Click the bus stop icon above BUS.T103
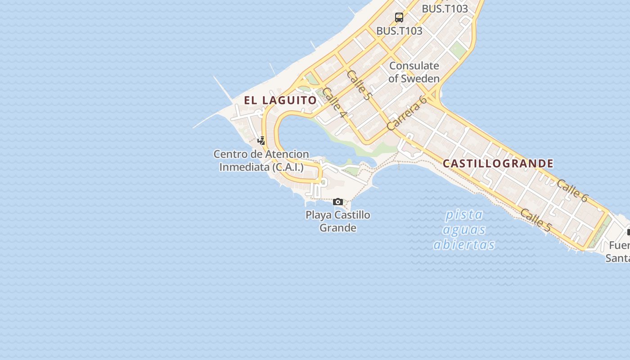[399, 18]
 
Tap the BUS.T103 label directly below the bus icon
[399, 31]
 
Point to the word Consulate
[414, 66]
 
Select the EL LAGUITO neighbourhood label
[280, 100]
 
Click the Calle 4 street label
[335, 103]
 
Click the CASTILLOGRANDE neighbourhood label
[498, 163]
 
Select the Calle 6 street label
[572, 190]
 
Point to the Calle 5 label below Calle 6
[535, 220]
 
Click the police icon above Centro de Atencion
[261, 140]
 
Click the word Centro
[230, 154]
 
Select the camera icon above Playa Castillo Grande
[338, 202]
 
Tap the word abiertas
[464, 244]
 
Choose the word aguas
[464, 230]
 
